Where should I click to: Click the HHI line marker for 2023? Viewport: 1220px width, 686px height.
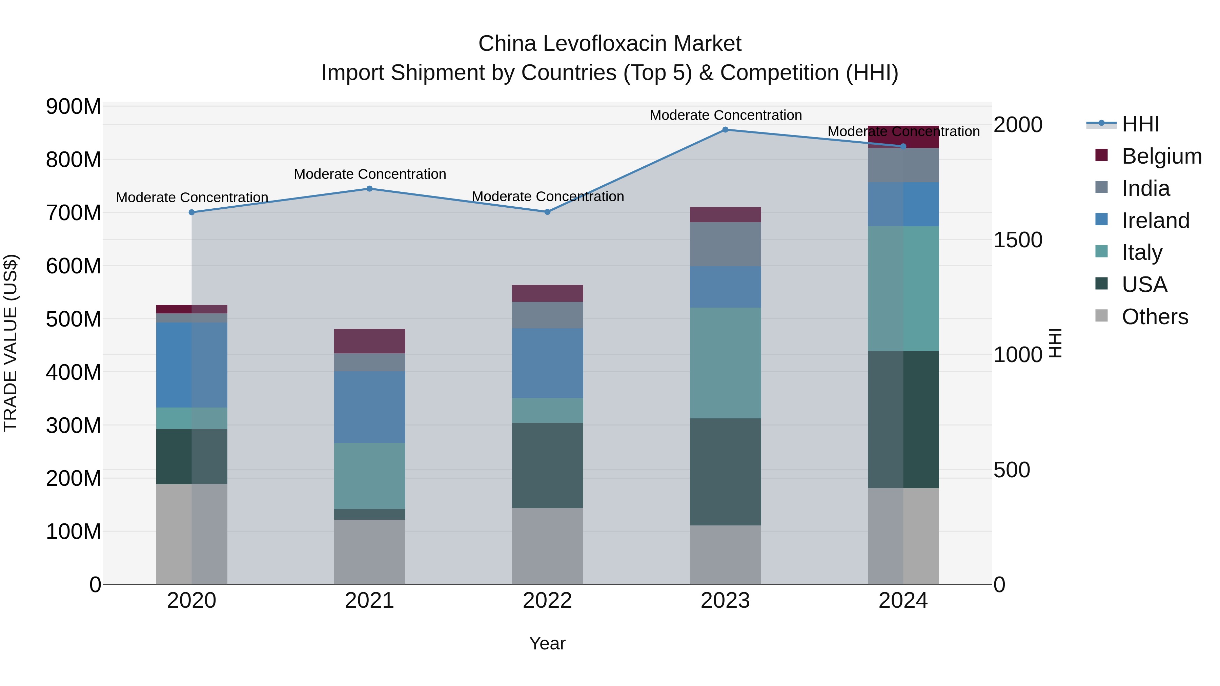(x=725, y=130)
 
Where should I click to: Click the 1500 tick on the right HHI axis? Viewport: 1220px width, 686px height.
(x=1017, y=240)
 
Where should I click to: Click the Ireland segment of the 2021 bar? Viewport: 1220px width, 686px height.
(x=369, y=407)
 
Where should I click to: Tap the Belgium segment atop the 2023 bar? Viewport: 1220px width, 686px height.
(x=725, y=214)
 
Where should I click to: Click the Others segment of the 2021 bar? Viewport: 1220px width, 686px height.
(x=369, y=552)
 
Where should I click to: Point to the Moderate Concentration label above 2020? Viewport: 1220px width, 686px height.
(x=192, y=198)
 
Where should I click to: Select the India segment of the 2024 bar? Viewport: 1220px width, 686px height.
(x=903, y=165)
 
